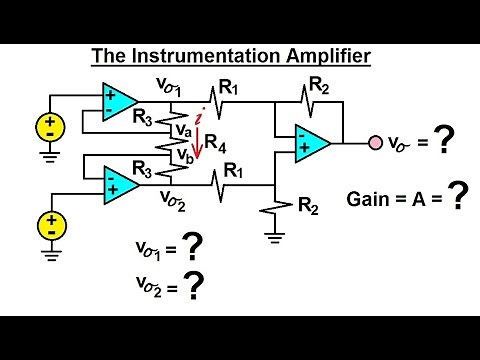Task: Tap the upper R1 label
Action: click(230, 89)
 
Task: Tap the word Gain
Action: click(367, 198)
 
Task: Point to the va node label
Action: click(184, 129)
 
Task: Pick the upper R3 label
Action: click(144, 116)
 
